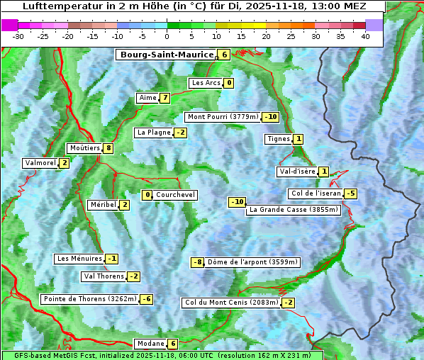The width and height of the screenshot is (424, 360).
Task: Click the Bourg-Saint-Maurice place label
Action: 167,55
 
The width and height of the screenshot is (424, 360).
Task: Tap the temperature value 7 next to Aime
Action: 164,98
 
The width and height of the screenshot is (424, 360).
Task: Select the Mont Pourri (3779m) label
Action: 223,117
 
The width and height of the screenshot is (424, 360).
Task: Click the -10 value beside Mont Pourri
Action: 270,117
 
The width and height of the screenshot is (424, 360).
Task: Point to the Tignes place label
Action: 278,139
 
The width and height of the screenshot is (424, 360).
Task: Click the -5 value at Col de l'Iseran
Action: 350,193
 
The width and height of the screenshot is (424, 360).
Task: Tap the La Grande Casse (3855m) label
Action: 294,210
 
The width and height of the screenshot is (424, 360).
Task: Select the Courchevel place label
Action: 175,195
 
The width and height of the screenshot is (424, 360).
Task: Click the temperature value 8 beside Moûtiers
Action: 108,148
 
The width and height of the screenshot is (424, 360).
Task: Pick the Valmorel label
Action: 40,163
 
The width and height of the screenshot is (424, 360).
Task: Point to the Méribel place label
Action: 103,205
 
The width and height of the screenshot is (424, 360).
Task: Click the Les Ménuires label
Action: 79,259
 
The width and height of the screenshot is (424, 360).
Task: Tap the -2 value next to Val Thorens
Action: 134,276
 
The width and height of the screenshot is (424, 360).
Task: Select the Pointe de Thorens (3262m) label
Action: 89,299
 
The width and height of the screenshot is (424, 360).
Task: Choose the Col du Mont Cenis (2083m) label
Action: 231,303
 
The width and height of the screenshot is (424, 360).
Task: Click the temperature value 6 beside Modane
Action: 172,344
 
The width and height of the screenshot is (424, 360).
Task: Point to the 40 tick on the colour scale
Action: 365,36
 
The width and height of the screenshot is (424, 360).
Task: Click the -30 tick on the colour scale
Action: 18,36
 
